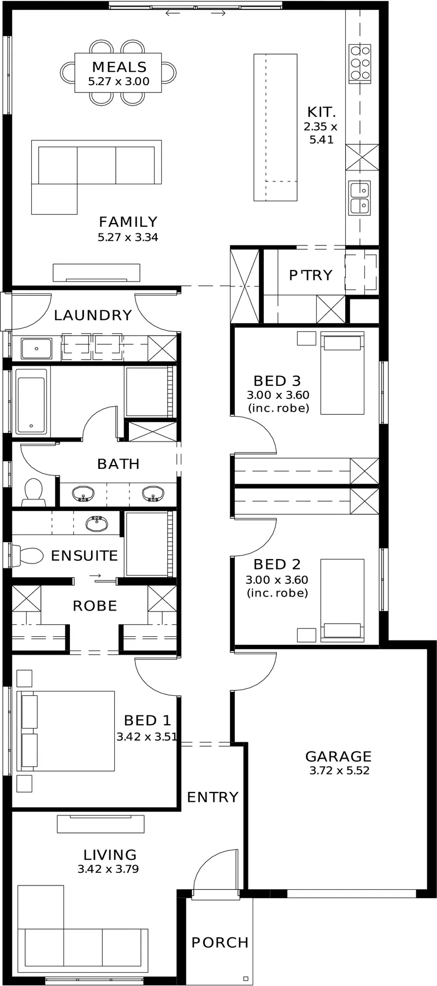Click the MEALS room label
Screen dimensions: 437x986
pyautogui.click(x=119, y=67)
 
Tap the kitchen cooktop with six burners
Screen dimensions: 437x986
pyautogui.click(x=360, y=64)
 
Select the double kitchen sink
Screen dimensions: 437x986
pyautogui.click(x=360, y=197)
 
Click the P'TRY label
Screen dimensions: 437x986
pyautogui.click(x=310, y=275)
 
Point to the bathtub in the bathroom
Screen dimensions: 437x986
pyautogui.click(x=31, y=402)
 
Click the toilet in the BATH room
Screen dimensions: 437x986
pyautogui.click(x=33, y=491)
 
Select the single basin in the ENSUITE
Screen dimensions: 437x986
pyautogui.click(x=97, y=524)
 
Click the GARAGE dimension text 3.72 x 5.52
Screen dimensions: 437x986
pyautogui.click(x=339, y=771)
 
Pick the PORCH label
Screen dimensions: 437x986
pyautogui.click(x=220, y=942)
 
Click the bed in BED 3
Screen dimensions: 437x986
pyautogui.click(x=342, y=373)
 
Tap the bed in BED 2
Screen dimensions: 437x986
pyautogui.click(x=342, y=600)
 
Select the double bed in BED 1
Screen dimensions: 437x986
pyautogui.click(x=66, y=731)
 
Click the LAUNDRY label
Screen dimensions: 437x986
pyautogui.click(x=93, y=315)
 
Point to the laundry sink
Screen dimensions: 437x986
pyautogui.click(x=36, y=349)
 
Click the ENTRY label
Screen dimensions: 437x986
pyautogui.click(x=212, y=797)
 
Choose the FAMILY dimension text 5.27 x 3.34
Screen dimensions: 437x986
pyautogui.click(x=128, y=237)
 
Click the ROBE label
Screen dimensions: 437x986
pyautogui.click(x=95, y=606)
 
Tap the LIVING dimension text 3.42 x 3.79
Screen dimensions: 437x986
pyautogui.click(x=108, y=869)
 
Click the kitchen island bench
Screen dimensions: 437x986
pyautogui.click(x=275, y=127)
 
